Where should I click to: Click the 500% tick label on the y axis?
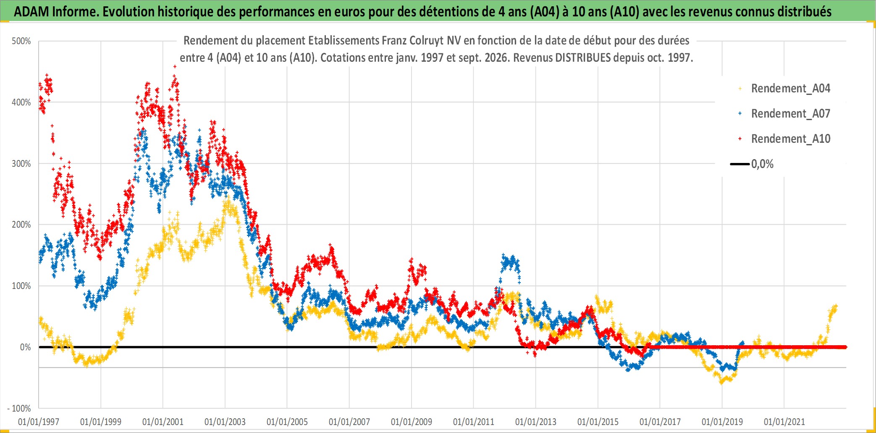pyautogui.click(x=21, y=41)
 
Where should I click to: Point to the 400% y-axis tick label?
pyautogui.click(x=21, y=102)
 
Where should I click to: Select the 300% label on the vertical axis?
pyautogui.click(x=21, y=164)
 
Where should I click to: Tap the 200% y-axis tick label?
pyautogui.click(x=21, y=225)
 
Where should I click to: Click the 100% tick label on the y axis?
pyautogui.click(x=21, y=286)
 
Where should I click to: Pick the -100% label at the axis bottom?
pyautogui.click(x=19, y=408)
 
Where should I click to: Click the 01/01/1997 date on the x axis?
pyautogui.click(x=39, y=422)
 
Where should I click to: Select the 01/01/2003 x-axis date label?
pyautogui.click(x=225, y=422)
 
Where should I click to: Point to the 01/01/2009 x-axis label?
pyautogui.click(x=412, y=422)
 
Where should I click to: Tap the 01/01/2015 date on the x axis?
pyautogui.click(x=598, y=422)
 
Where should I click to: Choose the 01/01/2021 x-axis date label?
pyautogui.click(x=784, y=422)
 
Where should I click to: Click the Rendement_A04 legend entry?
pyautogui.click(x=791, y=89)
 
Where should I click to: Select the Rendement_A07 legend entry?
pyautogui.click(x=791, y=114)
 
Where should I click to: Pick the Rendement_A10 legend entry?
pyautogui.click(x=791, y=139)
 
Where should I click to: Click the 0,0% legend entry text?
pyautogui.click(x=762, y=164)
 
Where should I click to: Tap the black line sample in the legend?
pyautogui.click(x=740, y=164)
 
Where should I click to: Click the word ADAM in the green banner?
pyautogui.click(x=31, y=12)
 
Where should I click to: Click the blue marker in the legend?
pyautogui.click(x=740, y=113)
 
